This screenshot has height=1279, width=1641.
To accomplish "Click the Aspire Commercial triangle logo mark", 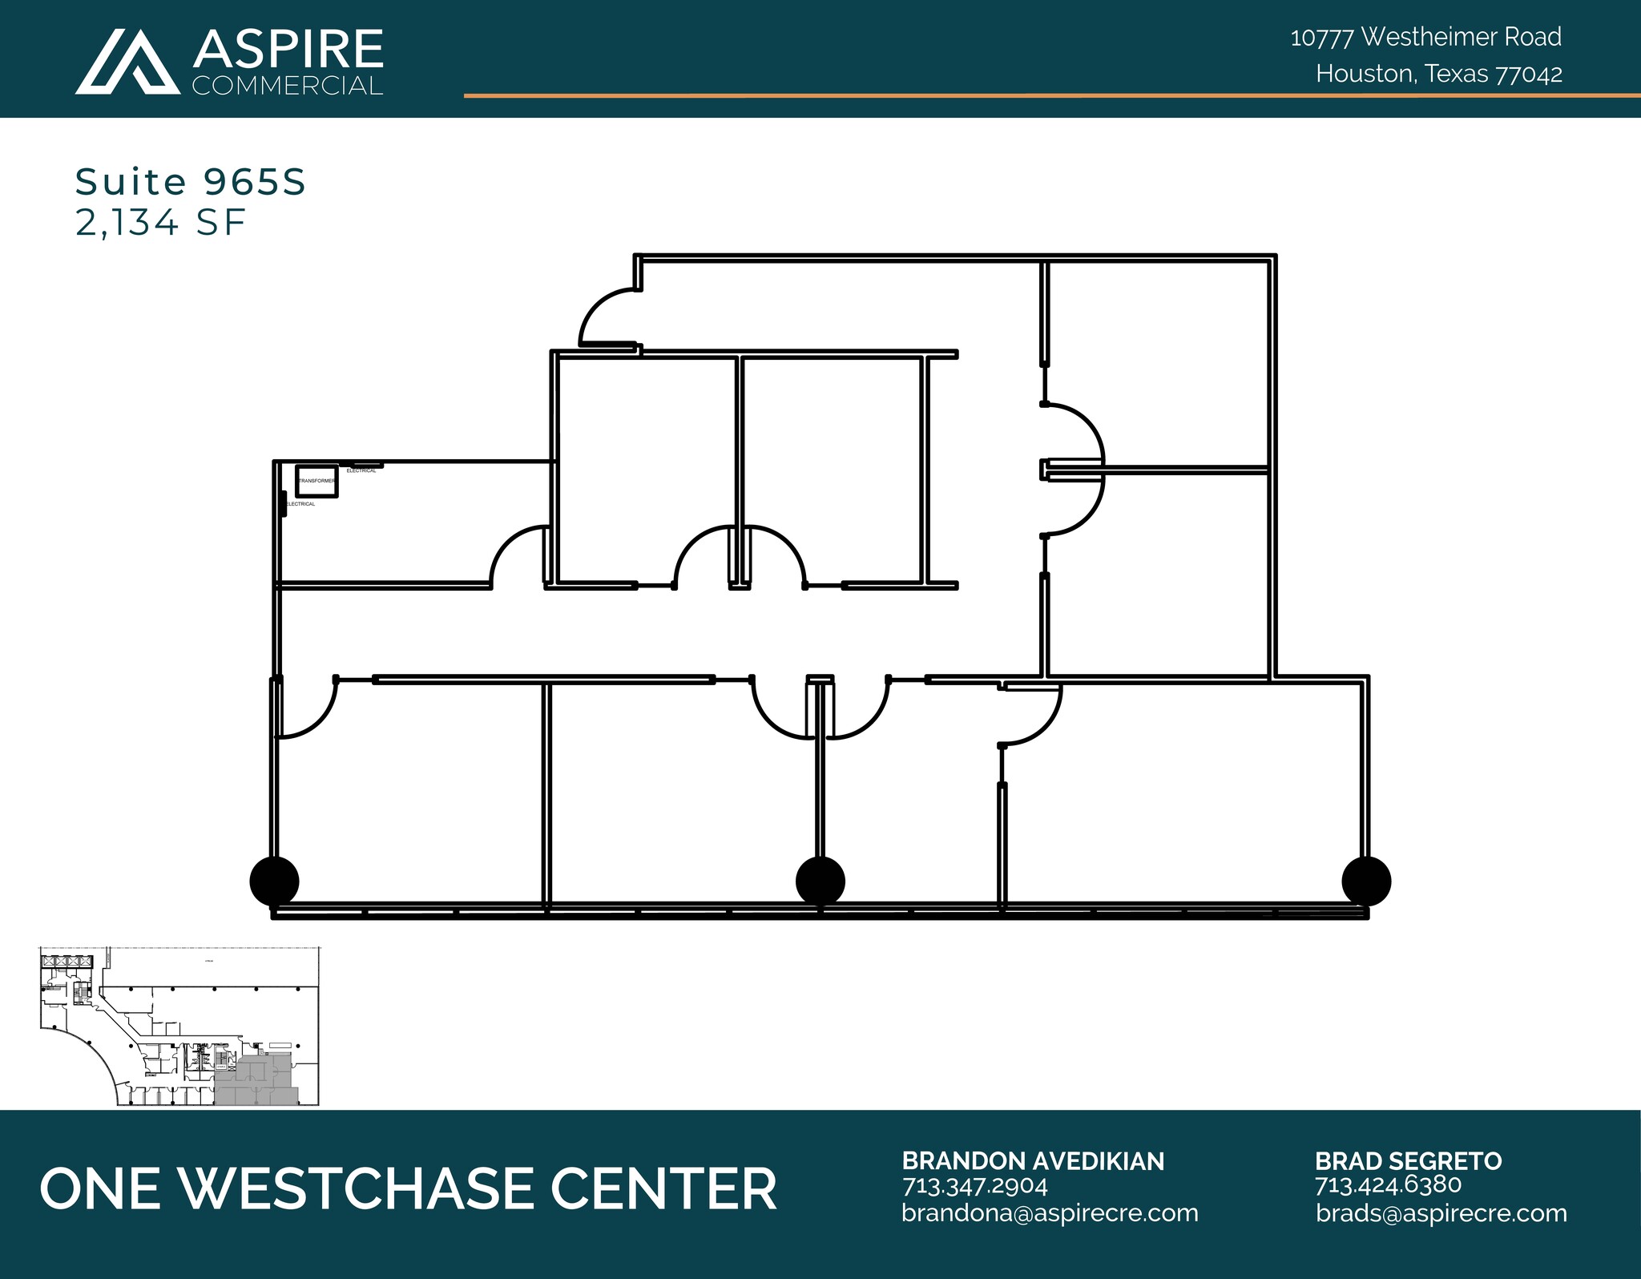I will coord(127,63).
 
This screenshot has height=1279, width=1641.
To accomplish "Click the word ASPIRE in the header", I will coord(288,49).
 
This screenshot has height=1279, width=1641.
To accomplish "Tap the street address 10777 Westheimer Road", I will coord(1425,37).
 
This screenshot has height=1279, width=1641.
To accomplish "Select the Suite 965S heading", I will coord(191,182).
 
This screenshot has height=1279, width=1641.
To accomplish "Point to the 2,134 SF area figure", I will coord(160,222).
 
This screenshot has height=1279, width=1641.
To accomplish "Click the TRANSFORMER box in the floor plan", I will coord(317,481).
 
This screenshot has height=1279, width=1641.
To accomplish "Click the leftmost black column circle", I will coord(275,881).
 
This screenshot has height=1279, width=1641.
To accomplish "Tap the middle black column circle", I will coord(820,881).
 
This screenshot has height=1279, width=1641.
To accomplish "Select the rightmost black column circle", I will coord(1366,881).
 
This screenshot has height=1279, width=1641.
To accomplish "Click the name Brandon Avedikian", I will coord(1033,1160).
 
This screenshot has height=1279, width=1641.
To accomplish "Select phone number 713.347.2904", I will coord(974,1185).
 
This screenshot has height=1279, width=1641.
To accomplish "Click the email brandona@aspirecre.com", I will coord(1050,1213).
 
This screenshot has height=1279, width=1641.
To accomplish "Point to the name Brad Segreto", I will coord(1408,1160).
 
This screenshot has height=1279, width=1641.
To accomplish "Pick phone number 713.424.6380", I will coord(1388,1185).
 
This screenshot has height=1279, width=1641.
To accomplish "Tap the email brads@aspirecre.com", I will coord(1441,1213).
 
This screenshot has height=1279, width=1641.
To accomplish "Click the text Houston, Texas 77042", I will coord(1438,74).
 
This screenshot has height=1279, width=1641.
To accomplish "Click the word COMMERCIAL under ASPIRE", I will coord(288,86).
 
